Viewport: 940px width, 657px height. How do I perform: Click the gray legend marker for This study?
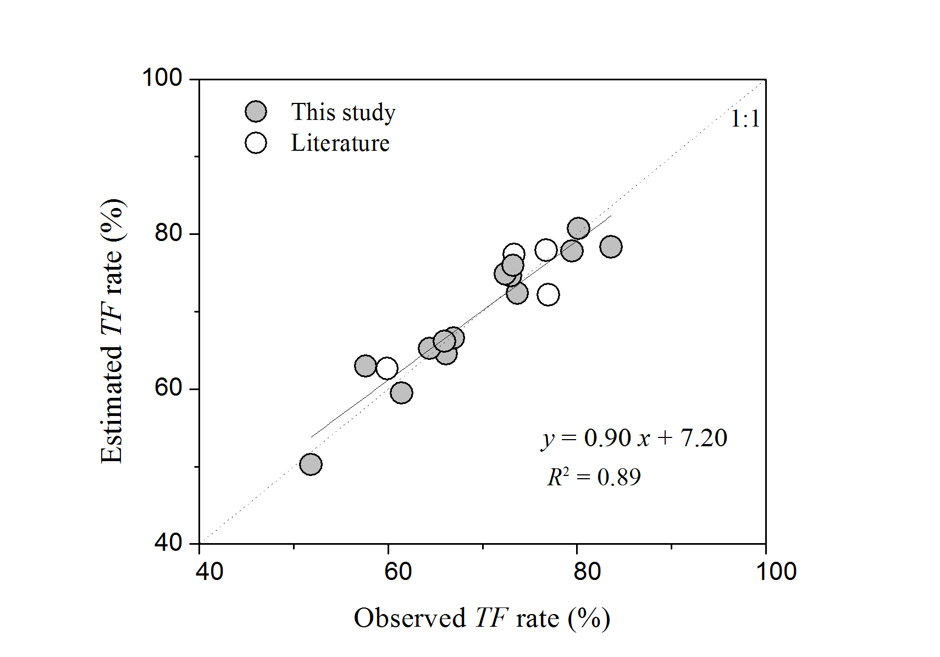click(256, 112)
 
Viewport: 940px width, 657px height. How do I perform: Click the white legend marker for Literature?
click(256, 143)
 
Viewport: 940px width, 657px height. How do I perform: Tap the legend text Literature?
click(340, 143)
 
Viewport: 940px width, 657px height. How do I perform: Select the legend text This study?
click(343, 112)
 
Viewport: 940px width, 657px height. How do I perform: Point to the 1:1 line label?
click(745, 119)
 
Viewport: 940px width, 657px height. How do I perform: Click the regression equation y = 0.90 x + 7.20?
click(634, 438)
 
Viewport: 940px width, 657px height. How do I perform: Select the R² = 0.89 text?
click(594, 477)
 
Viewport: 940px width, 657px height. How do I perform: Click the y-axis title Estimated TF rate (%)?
click(113, 331)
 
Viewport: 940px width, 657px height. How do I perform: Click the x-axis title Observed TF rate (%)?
click(482, 618)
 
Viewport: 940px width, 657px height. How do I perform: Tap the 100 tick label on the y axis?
click(162, 78)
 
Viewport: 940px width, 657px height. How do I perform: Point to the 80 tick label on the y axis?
click(168, 233)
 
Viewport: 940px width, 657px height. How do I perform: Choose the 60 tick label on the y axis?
click(168, 387)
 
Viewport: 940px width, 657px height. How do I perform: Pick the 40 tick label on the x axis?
click(209, 572)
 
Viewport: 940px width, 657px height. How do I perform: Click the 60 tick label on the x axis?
click(397, 572)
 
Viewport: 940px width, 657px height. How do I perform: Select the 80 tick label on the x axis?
click(587, 572)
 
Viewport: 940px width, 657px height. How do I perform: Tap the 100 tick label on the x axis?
click(776, 572)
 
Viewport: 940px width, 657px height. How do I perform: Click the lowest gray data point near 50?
click(311, 464)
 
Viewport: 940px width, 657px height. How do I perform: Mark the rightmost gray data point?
click(611, 247)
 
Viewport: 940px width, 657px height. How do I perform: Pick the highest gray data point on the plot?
click(578, 228)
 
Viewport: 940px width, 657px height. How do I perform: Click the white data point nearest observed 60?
click(387, 368)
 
